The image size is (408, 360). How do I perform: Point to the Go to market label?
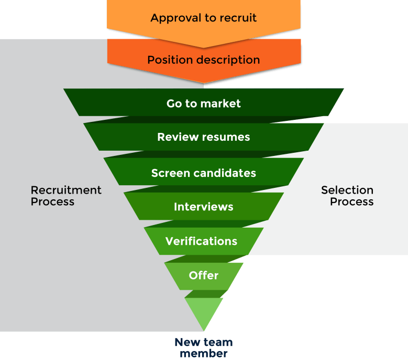click(x=204, y=104)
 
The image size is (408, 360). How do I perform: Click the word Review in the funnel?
click(x=175, y=137)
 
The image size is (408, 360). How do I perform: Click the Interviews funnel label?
click(x=204, y=207)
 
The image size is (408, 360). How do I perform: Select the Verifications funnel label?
click(x=202, y=241)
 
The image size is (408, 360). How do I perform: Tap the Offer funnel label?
click(x=204, y=275)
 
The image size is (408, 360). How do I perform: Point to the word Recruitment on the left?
click(x=67, y=190)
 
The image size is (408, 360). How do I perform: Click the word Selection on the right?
click(x=347, y=190)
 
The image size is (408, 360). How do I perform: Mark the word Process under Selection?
click(x=352, y=202)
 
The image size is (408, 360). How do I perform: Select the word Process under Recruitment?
click(x=53, y=202)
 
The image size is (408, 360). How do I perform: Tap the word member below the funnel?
click(x=204, y=354)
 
